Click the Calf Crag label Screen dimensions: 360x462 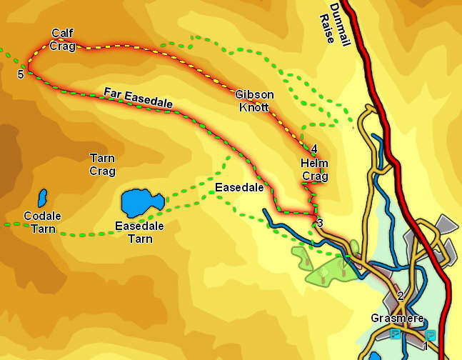coord(62,40)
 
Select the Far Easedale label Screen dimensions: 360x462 coord(138,98)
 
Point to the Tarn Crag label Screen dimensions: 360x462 coord(103,164)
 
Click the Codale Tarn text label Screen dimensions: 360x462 coord(42,222)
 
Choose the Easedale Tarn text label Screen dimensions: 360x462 coord(140,232)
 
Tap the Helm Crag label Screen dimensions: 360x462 coord(314,170)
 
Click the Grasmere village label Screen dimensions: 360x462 coord(398,319)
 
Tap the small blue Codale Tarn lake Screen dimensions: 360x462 coord(42,198)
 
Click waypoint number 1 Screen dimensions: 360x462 coord(425,346)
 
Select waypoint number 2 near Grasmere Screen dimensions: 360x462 coord(401,296)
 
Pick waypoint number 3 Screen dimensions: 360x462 coord(320,223)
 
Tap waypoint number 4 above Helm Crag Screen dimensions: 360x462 coord(314,149)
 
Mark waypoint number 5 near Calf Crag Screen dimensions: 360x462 coord(21,74)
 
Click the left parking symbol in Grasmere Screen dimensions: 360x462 coord(395,334)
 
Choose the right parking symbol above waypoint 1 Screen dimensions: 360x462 coord(430,334)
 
